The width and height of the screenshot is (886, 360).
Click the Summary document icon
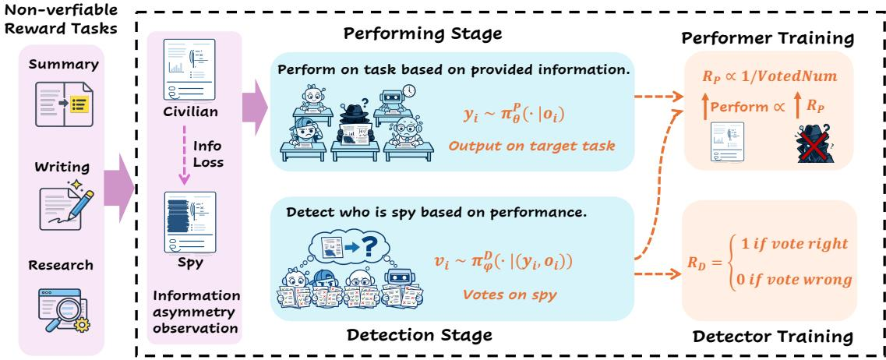pyautogui.click(x=62, y=104)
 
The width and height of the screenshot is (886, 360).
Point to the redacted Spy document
pyautogui.click(x=190, y=223)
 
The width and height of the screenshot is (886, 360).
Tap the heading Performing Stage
pyautogui.click(x=422, y=34)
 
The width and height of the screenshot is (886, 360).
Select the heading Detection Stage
pyautogui.click(x=419, y=334)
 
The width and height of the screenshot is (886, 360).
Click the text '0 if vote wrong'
pyautogui.click(x=790, y=280)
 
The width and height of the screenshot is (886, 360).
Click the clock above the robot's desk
pyautogui.click(x=409, y=90)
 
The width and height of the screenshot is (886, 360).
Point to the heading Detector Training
pyautogui.click(x=772, y=337)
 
